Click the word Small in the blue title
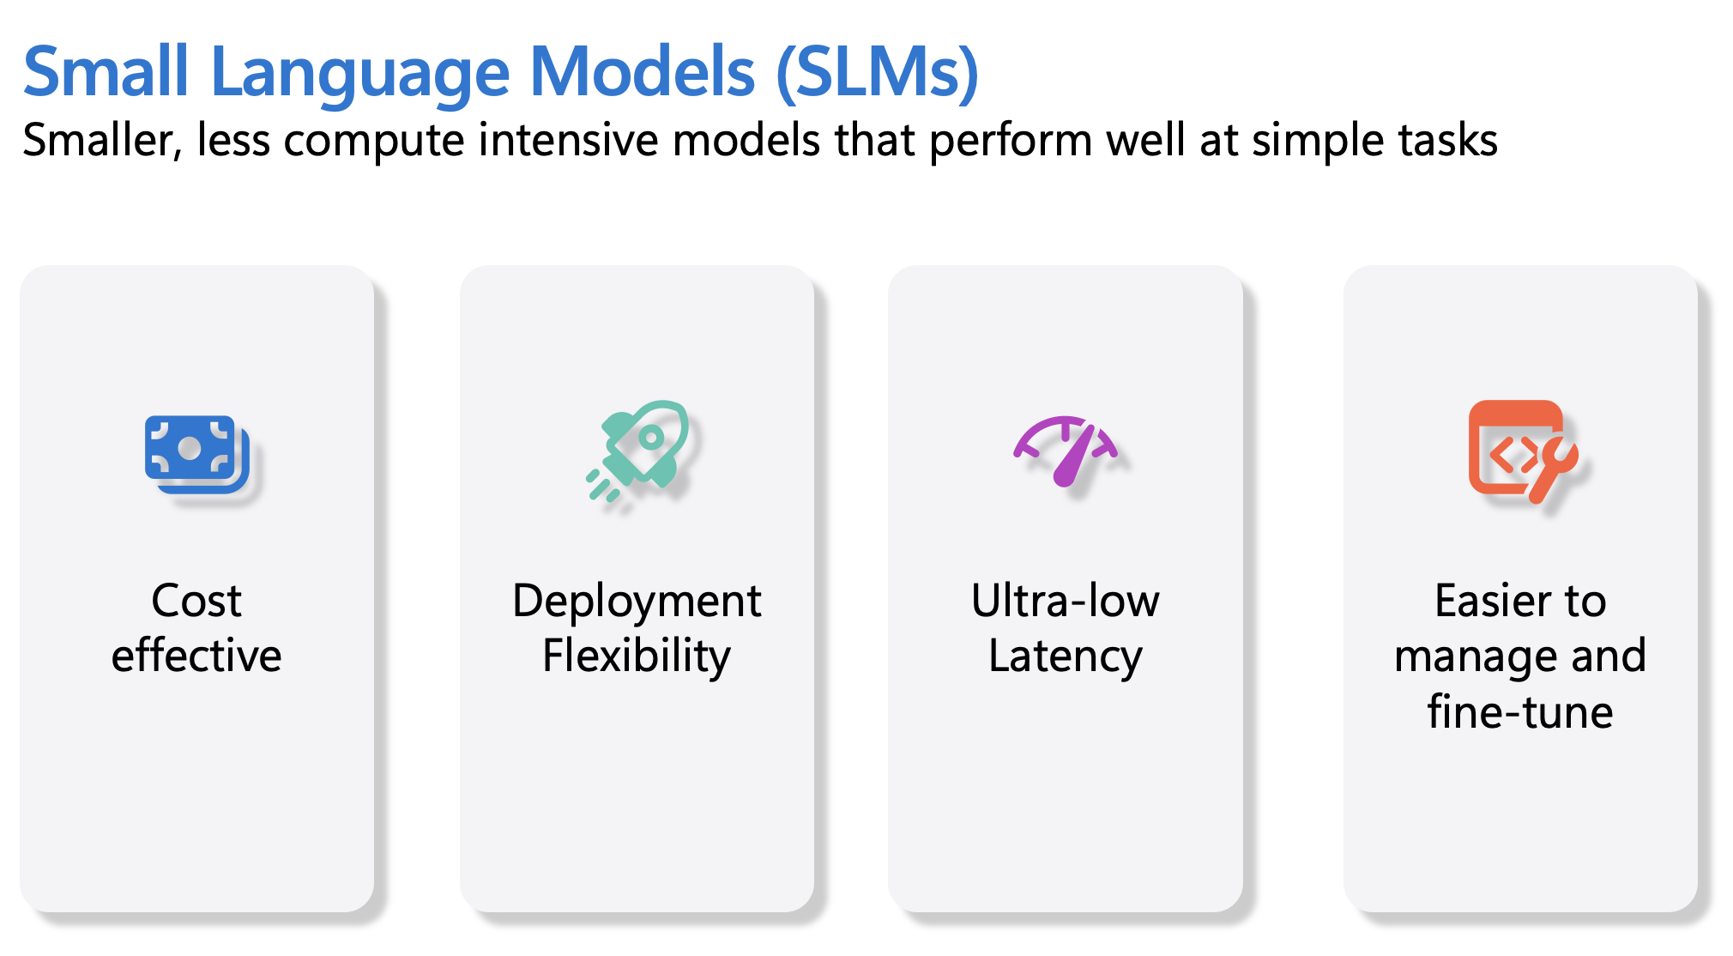point(106,71)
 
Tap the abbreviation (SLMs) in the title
point(877,73)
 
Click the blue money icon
point(197,454)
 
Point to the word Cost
point(196,601)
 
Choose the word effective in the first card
point(196,656)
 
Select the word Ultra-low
point(1066,600)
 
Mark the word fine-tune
point(1520,711)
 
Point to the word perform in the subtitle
point(1011,142)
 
